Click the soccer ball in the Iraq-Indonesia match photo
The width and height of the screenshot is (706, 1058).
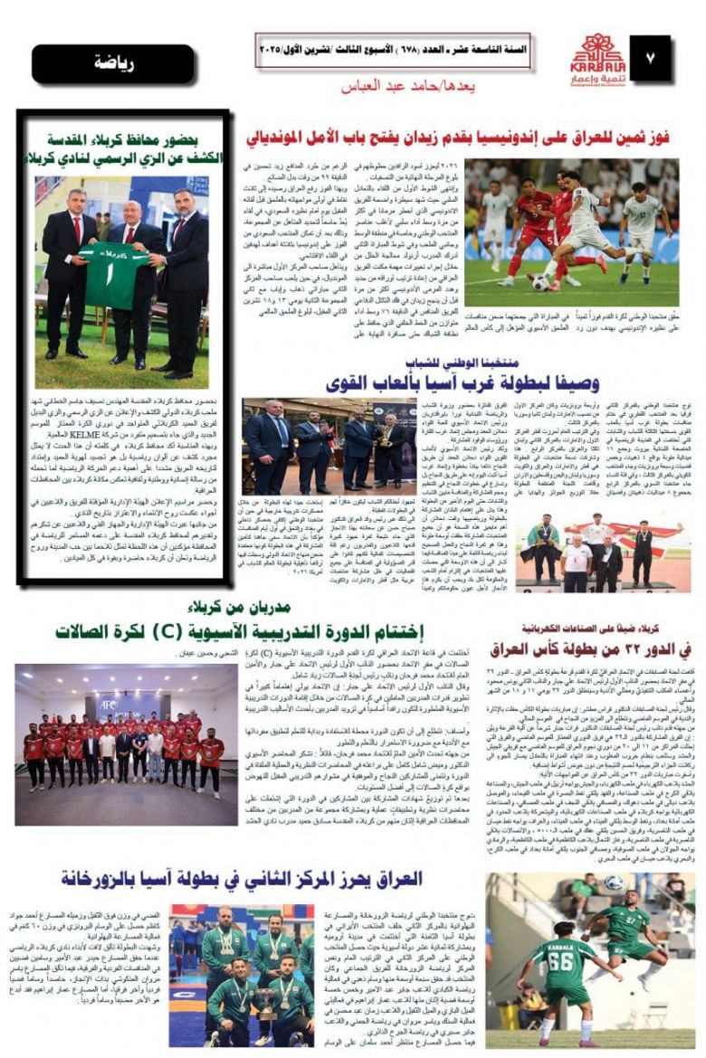tap(540, 282)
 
